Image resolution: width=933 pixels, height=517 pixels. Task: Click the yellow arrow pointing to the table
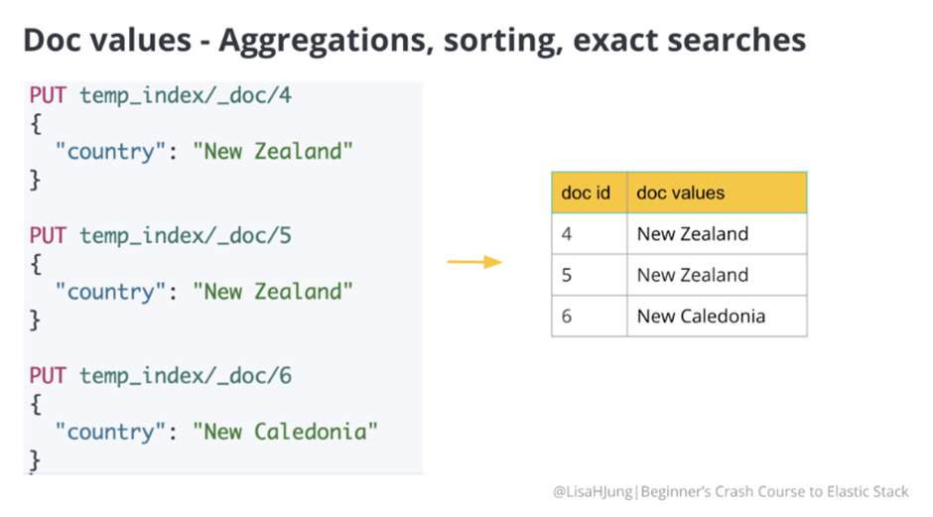click(474, 262)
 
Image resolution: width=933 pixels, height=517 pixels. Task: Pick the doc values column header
click(717, 193)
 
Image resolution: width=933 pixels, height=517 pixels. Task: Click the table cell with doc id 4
click(589, 234)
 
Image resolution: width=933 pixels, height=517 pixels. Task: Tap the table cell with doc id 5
click(589, 275)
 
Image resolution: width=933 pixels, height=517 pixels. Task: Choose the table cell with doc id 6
click(589, 316)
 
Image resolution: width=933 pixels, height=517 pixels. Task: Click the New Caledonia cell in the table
click(717, 316)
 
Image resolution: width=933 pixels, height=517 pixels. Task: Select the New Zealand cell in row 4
click(717, 234)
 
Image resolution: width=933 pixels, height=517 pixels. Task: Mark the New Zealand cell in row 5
click(717, 275)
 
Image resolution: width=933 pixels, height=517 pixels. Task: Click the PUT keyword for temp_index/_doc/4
click(48, 95)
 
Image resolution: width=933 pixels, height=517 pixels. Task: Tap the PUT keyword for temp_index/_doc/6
click(48, 376)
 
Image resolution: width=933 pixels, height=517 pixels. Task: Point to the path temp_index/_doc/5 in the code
click(186, 236)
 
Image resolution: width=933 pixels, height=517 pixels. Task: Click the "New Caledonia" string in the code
click(285, 432)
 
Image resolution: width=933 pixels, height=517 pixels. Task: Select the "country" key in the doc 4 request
click(110, 152)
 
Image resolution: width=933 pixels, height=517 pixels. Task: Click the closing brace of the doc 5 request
click(35, 321)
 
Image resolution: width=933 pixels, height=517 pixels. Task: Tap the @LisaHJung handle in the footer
click(593, 492)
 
